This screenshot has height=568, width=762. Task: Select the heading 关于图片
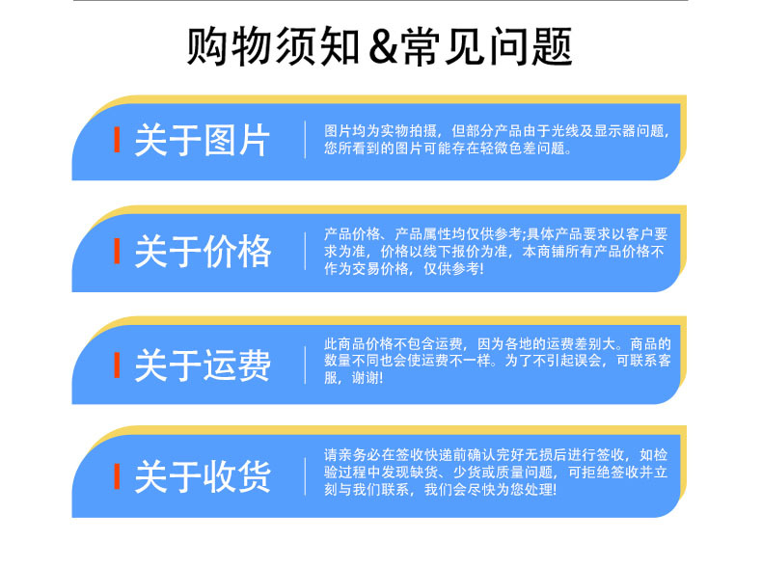(203, 140)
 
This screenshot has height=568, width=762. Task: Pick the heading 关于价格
(203, 253)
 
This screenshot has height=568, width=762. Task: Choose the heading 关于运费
(203, 365)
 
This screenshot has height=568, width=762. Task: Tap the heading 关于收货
(203, 477)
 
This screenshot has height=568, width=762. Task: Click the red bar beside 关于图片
(117, 140)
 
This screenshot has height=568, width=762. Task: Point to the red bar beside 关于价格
(117, 253)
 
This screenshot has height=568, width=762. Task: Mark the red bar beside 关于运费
(117, 365)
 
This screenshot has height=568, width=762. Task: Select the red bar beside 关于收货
(117, 476)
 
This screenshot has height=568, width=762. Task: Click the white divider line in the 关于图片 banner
(305, 140)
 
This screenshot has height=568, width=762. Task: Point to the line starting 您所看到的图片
(449, 149)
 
